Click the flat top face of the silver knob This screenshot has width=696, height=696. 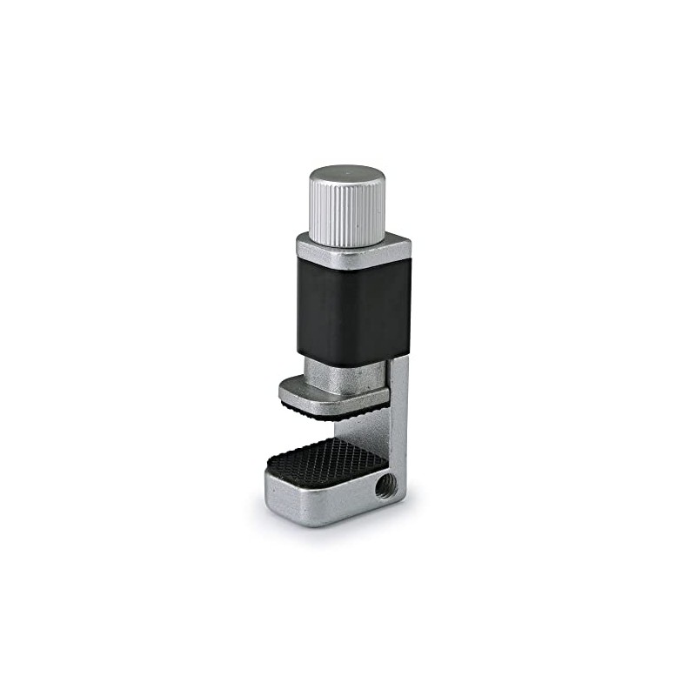[347, 177]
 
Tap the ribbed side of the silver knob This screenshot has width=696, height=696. [347, 217]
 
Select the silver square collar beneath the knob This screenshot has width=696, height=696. [352, 253]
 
